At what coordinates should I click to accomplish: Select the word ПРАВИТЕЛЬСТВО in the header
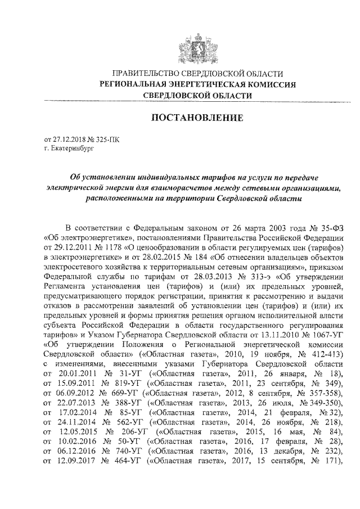pos(148,74)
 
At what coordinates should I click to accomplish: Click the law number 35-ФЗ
pos(330,227)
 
